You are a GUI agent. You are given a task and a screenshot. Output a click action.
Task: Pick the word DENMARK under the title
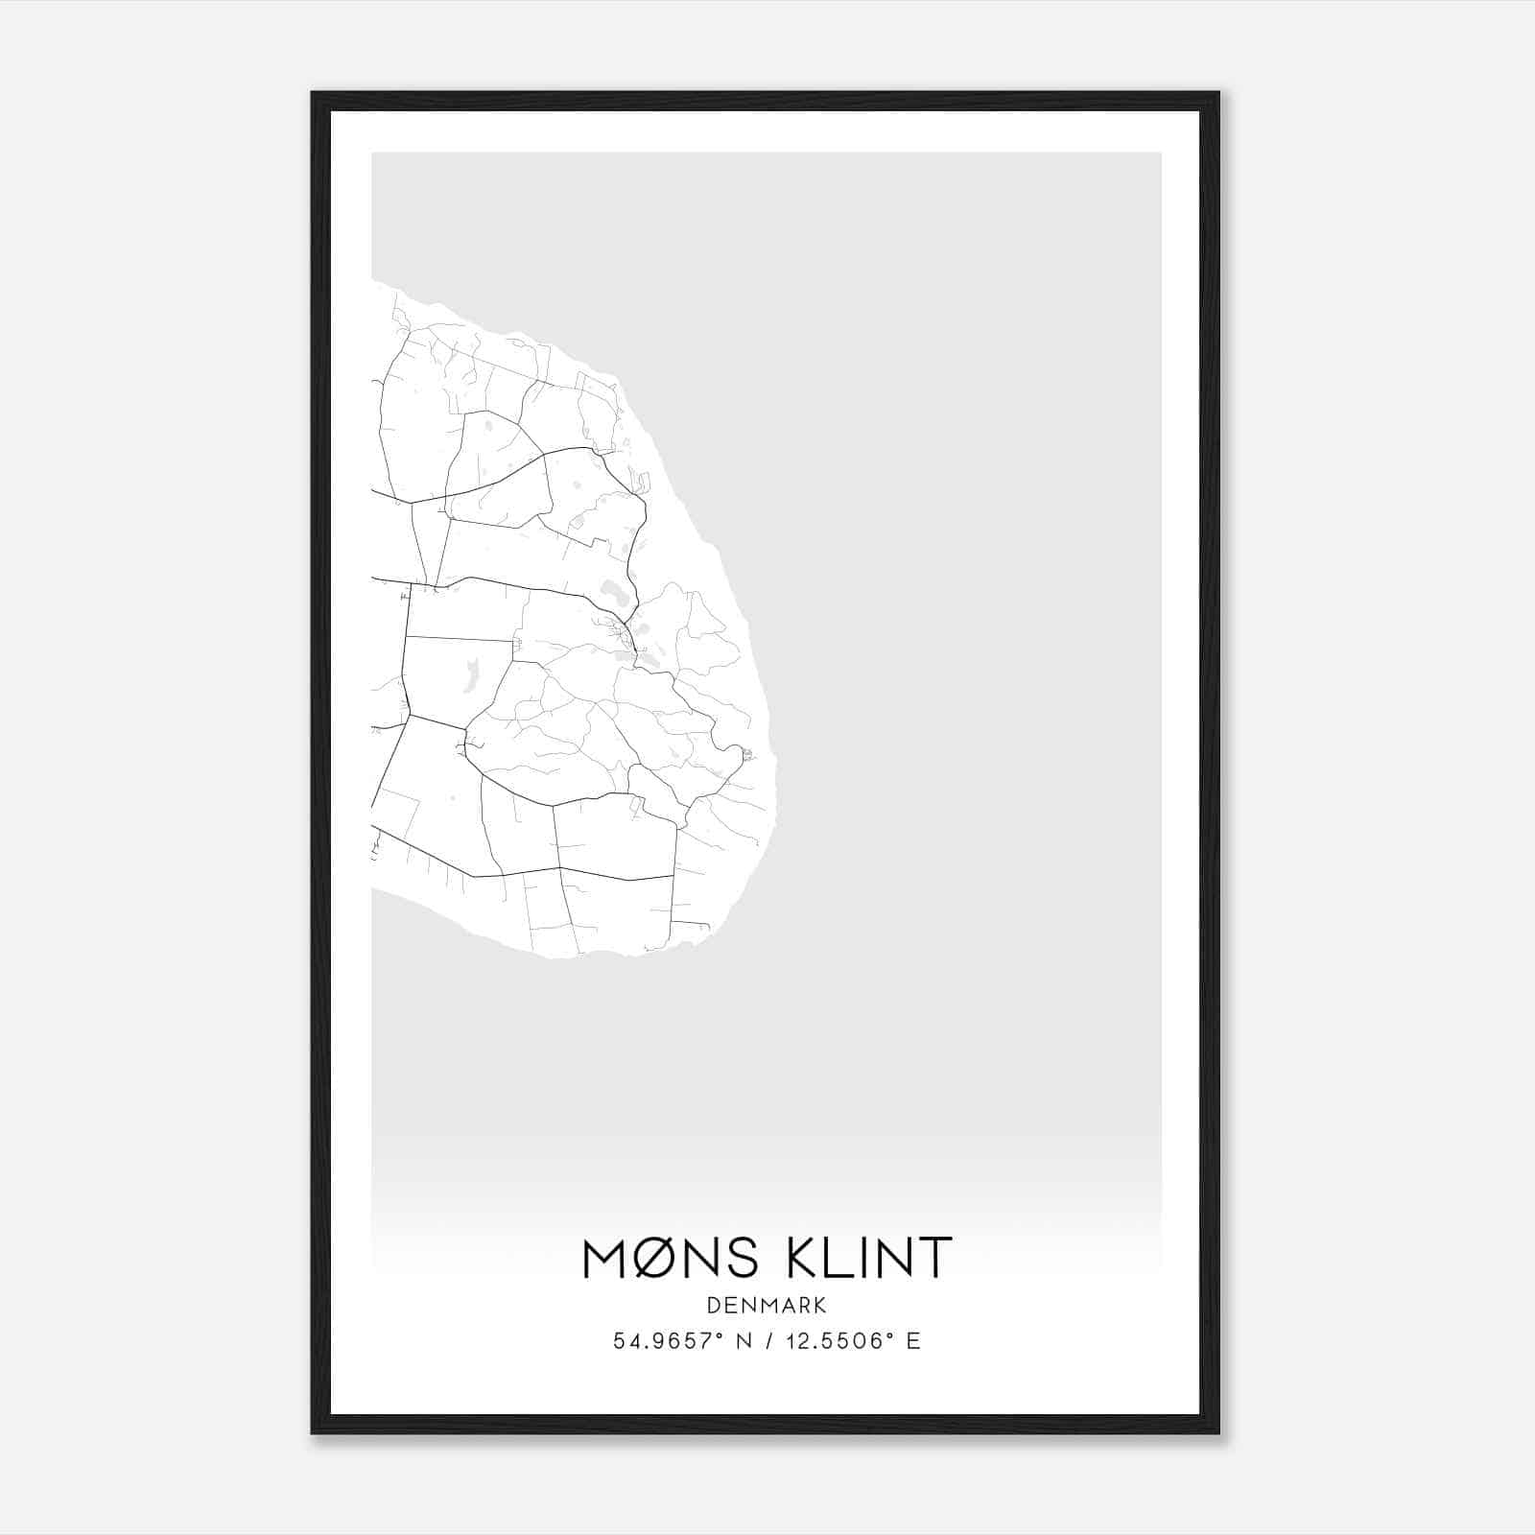pyautogui.click(x=767, y=1305)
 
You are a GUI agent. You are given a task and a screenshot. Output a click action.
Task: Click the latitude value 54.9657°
pyautogui.click(x=664, y=1341)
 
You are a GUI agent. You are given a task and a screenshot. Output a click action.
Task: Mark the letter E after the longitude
pyautogui.click(x=913, y=1341)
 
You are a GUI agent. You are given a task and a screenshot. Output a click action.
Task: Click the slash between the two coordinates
pyautogui.click(x=767, y=1341)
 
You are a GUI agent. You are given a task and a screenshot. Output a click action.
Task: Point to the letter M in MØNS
pyautogui.click(x=607, y=1258)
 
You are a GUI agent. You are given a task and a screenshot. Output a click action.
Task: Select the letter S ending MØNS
pyautogui.click(x=744, y=1258)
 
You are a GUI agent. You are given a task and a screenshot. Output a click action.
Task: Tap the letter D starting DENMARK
pyautogui.click(x=713, y=1305)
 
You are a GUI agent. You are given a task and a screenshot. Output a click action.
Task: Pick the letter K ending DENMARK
pyautogui.click(x=820, y=1305)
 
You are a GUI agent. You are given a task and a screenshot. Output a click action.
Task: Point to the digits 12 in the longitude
pyautogui.click(x=794, y=1341)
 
